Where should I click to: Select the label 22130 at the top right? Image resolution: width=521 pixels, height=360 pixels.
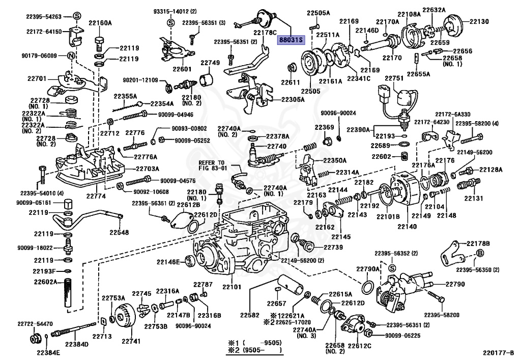point(479,22)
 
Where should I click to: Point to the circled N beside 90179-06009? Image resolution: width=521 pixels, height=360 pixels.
point(71,56)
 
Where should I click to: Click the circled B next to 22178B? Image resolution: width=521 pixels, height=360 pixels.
point(479,255)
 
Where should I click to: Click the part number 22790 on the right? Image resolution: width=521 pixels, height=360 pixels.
point(455,284)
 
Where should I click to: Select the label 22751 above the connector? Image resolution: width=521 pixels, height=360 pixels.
point(393,78)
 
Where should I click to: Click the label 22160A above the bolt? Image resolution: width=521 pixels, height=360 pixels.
point(100,22)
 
